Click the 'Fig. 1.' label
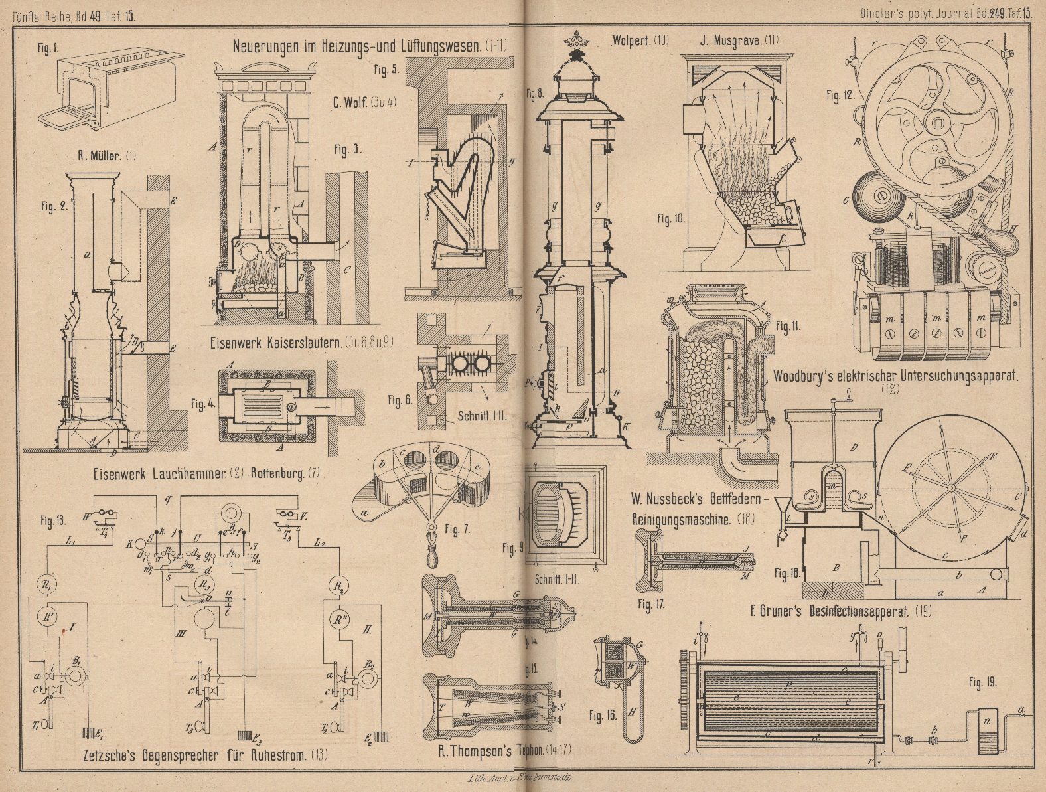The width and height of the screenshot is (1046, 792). coord(47,48)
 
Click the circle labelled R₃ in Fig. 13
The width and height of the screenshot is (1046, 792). coord(205,584)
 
